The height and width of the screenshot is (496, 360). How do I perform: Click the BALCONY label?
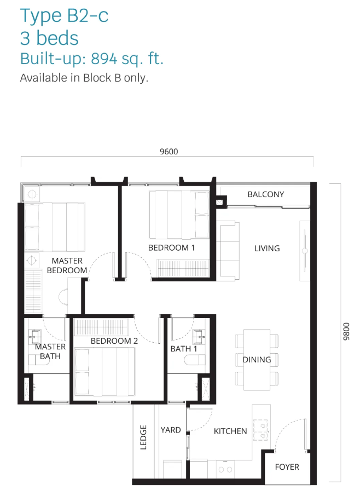265,194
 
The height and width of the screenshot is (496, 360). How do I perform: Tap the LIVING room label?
267,249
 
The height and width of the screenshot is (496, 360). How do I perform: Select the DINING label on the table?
257,359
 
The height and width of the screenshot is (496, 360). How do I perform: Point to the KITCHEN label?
230,431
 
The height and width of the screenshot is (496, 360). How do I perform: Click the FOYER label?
287,467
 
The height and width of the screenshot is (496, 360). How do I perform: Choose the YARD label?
171,430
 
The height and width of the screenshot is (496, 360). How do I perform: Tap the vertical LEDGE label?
143,437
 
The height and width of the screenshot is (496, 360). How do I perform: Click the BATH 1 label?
184,349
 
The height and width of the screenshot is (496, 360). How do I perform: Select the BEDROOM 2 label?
114,341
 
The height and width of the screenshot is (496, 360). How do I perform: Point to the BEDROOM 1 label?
171,247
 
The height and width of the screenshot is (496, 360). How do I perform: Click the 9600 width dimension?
169,152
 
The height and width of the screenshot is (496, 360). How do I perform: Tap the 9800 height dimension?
347,331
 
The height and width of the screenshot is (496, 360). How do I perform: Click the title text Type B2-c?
64,15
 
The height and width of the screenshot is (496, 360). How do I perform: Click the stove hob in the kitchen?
261,430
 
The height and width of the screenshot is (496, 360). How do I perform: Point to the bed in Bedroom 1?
179,215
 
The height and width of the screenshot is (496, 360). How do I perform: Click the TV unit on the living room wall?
304,251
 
